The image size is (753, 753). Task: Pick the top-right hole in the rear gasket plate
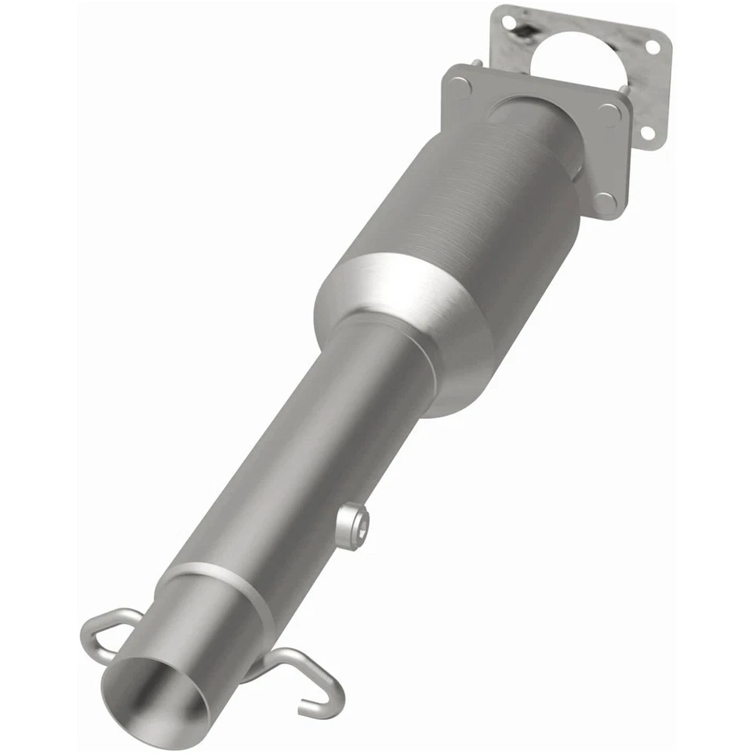coord(653,47)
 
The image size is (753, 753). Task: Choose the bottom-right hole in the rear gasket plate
coord(648,133)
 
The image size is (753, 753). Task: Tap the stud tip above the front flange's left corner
coord(476,63)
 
